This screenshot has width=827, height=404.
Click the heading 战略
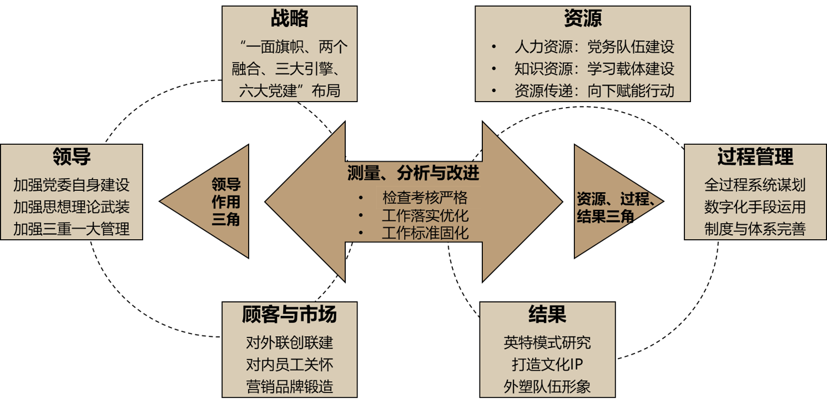tap(289, 19)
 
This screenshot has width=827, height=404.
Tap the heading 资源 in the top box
tap(582, 19)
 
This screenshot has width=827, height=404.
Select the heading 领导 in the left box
tap(72, 157)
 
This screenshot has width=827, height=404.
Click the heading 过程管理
tap(755, 157)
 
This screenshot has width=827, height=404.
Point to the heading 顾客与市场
tap(289, 315)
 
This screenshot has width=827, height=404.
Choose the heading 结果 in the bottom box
tap(547, 315)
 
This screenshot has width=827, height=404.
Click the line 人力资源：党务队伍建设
tap(594, 47)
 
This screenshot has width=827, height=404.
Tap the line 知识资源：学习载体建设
tap(594, 69)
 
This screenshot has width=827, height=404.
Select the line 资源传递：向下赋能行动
tap(594, 90)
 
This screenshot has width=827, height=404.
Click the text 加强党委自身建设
tap(72, 184)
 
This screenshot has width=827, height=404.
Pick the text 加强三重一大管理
tap(72, 228)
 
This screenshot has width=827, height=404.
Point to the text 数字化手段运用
tap(755, 206)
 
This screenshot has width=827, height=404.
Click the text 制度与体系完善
tap(755, 228)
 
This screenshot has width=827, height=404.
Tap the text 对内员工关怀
tap(289, 365)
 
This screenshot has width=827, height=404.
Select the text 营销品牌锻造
tap(289, 386)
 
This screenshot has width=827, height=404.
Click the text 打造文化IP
tap(547, 365)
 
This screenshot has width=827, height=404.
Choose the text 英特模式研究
tap(547, 342)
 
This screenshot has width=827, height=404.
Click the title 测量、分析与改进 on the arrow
tap(413, 174)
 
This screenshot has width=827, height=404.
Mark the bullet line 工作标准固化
tap(425, 233)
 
